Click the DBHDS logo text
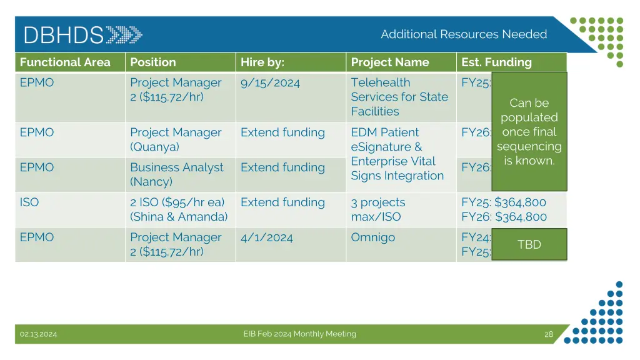tap(63, 35)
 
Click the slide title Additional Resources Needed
tap(464, 34)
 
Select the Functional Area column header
tap(65, 62)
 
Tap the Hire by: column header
tap(262, 62)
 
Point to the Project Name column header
tap(390, 62)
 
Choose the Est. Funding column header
tap(496, 62)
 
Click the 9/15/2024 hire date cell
tap(270, 82)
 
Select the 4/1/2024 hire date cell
tap(266, 237)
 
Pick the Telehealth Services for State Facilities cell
tap(399, 97)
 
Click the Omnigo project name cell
tap(373, 237)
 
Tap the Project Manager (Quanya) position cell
tap(176, 139)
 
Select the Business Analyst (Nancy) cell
tap(176, 174)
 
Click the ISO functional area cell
tap(29, 202)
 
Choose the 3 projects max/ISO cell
tap(378, 209)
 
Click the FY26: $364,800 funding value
tap(504, 217)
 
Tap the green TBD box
tap(529, 244)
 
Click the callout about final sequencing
tap(529, 132)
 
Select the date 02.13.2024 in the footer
tap(38, 334)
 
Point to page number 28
tap(549, 334)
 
